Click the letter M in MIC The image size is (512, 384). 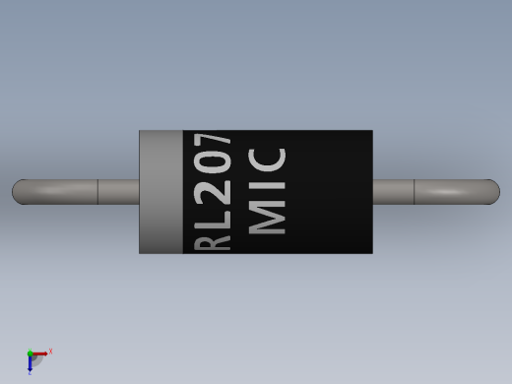268,219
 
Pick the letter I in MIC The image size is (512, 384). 268,189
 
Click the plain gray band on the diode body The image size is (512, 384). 160,191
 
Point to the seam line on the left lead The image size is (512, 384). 97,191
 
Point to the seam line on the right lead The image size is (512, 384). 414,191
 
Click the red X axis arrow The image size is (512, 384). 40,353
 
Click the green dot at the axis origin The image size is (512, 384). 30,353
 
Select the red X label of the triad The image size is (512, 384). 50,352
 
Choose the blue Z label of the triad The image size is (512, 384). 30,373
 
